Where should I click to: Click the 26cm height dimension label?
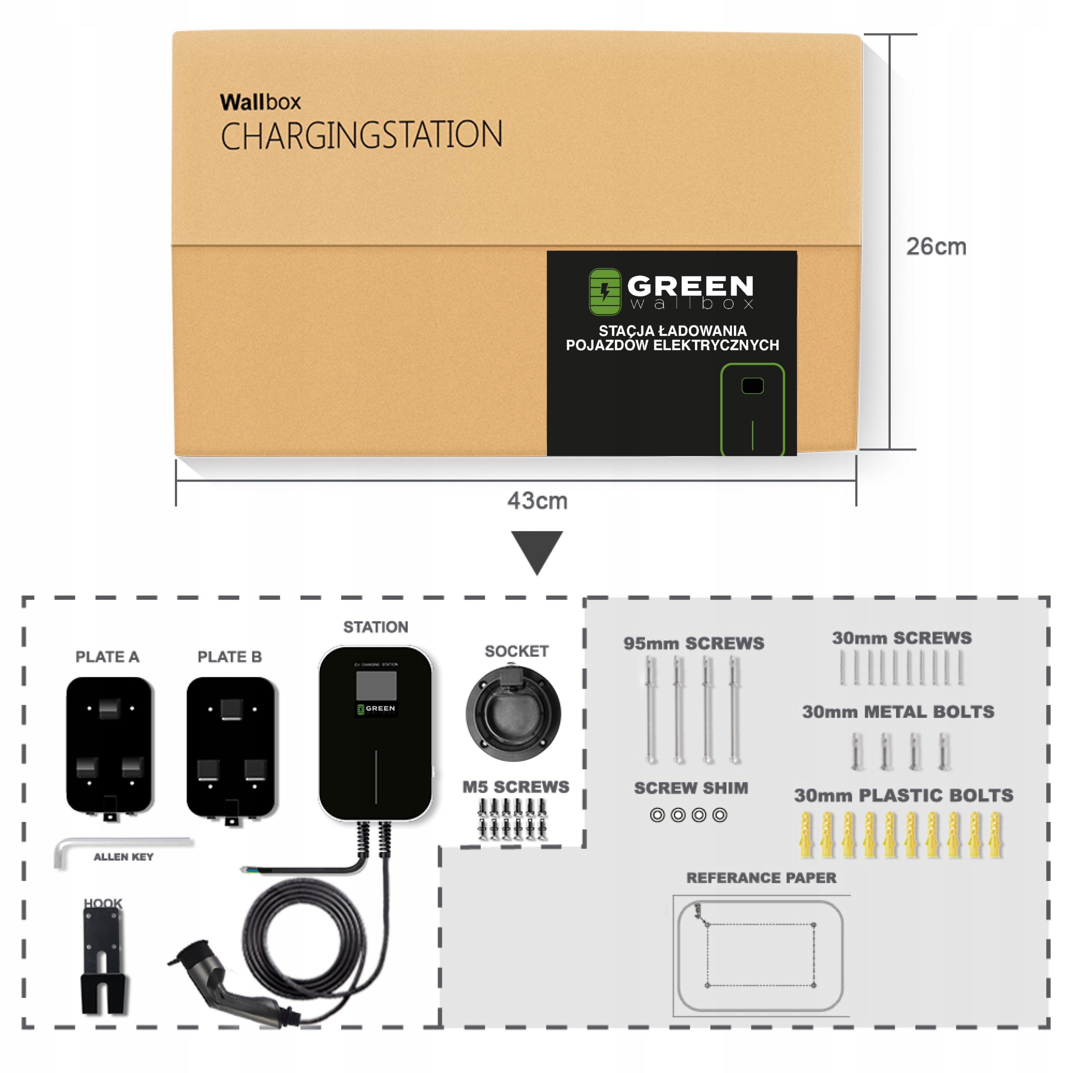(x=936, y=246)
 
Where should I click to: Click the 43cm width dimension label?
(x=537, y=500)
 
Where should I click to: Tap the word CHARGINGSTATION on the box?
(x=362, y=135)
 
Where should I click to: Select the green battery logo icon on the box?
(x=604, y=292)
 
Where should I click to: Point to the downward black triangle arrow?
(x=536, y=550)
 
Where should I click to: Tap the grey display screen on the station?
(x=376, y=685)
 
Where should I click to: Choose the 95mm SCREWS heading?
(x=693, y=643)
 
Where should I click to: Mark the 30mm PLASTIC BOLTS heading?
(x=903, y=795)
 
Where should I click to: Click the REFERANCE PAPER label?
(x=761, y=878)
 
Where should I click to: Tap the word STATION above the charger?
(x=376, y=627)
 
